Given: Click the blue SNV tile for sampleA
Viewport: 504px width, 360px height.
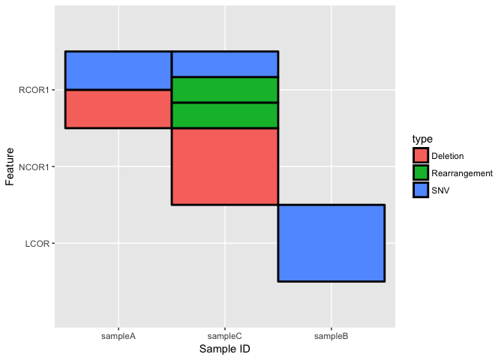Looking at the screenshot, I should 118,70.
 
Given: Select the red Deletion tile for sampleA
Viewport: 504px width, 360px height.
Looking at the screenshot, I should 118,109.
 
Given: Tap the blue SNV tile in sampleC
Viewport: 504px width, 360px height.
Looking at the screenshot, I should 225,64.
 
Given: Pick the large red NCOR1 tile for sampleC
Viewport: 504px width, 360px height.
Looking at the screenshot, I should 225,166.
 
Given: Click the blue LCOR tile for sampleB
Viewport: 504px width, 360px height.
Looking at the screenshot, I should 331,242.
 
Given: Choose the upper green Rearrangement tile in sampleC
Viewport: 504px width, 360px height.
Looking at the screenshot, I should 225,89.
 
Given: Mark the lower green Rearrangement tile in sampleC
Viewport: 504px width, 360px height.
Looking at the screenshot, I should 225,115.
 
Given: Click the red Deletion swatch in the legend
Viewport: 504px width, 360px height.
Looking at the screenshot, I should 420,155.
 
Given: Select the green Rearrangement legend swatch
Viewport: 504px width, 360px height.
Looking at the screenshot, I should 420,172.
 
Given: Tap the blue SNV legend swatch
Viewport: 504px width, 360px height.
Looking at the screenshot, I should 420,190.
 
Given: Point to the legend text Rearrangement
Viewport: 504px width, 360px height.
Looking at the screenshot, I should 463,173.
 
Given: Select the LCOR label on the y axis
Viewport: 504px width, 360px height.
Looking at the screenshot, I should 37,243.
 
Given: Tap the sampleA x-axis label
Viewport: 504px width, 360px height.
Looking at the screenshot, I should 118,336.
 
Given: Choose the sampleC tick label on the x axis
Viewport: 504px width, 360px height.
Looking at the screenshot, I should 225,336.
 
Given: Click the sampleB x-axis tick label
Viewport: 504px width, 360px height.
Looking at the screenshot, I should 331,336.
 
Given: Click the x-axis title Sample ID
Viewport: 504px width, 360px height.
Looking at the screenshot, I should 225,349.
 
